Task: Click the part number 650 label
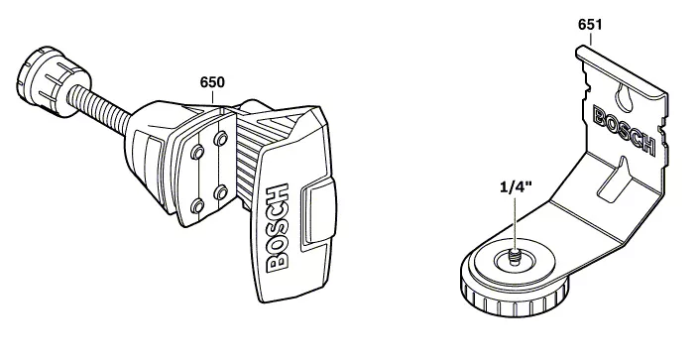tap(212, 82)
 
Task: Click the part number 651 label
tap(590, 25)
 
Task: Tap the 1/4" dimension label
tap(516, 186)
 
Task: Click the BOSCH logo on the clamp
tap(278, 227)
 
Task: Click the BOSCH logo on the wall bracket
tap(624, 130)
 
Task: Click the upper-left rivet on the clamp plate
tap(197, 154)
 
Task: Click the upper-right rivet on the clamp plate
tap(221, 139)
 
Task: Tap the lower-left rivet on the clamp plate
tap(197, 206)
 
